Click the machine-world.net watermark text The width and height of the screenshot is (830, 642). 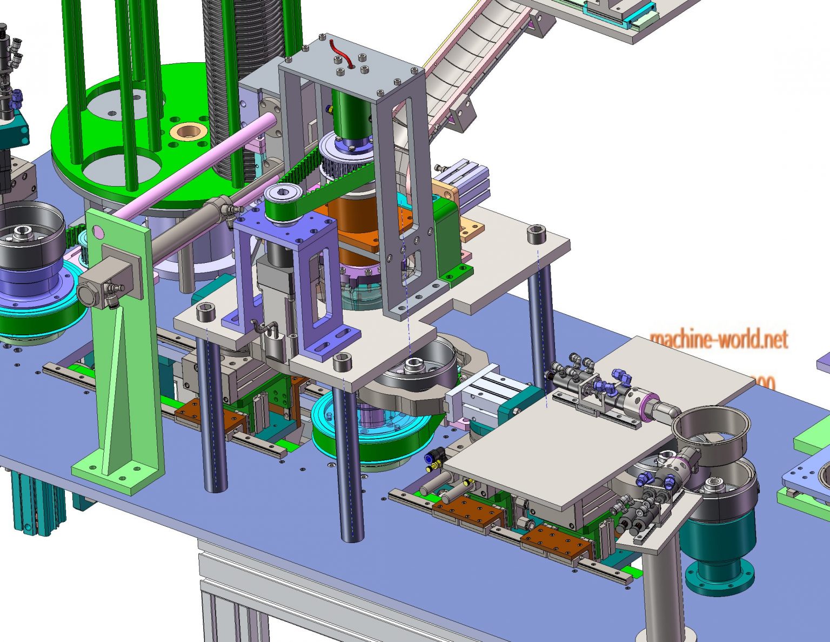718,339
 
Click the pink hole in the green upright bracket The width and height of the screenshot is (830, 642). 98,232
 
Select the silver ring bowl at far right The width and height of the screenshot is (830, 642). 711,425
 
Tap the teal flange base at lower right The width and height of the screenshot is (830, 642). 719,571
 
